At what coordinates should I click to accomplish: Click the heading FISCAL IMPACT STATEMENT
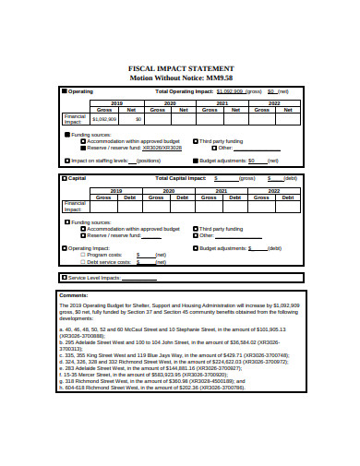(x=180, y=68)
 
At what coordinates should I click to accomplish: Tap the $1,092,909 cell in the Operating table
(x=104, y=118)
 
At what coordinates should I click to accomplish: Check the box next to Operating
(x=64, y=92)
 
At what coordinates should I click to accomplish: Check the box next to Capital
(x=64, y=177)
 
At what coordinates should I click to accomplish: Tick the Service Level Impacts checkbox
(x=64, y=277)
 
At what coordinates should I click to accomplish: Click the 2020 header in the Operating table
(x=170, y=102)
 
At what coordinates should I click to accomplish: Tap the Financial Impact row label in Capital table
(x=75, y=207)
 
